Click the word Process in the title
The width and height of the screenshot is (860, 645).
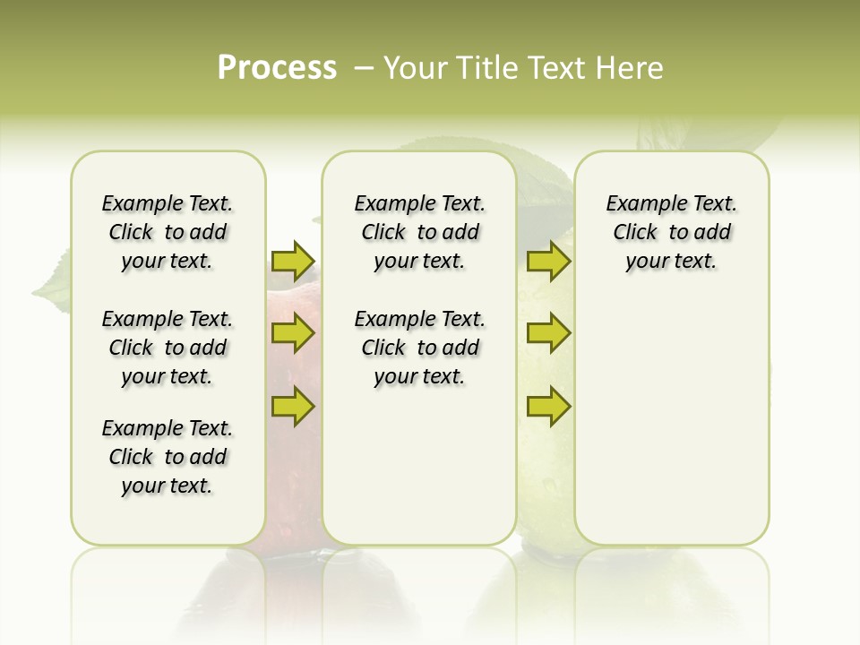click(x=277, y=67)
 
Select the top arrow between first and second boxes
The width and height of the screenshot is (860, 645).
click(x=293, y=261)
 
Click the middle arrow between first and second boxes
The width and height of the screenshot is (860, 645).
click(x=293, y=334)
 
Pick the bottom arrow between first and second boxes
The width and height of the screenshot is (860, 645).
click(x=293, y=407)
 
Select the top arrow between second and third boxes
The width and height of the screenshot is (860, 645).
click(x=548, y=261)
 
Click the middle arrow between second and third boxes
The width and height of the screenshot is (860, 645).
click(x=548, y=334)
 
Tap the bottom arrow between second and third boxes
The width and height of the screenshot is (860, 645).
click(x=548, y=407)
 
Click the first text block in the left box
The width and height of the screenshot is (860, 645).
click(x=168, y=232)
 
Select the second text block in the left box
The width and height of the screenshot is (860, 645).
click(x=168, y=348)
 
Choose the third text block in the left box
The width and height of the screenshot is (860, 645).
click(x=168, y=457)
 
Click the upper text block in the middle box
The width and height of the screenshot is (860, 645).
click(x=419, y=232)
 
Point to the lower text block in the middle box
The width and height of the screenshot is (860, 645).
click(x=419, y=348)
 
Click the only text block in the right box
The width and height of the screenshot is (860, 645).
click(x=671, y=232)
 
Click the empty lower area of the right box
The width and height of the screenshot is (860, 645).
click(x=671, y=430)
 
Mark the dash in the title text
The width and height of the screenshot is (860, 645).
click(x=364, y=68)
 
